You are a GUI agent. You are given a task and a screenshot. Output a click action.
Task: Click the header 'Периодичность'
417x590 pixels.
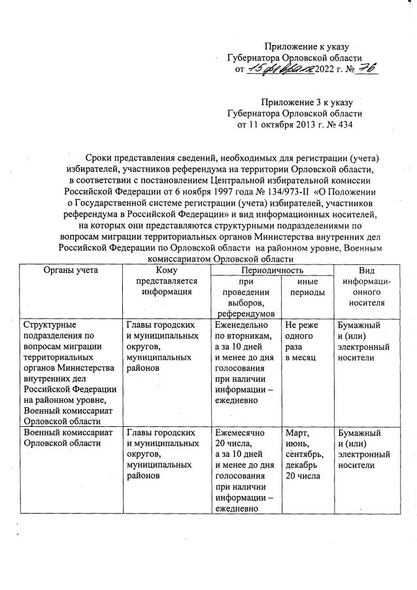coord(272,270)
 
